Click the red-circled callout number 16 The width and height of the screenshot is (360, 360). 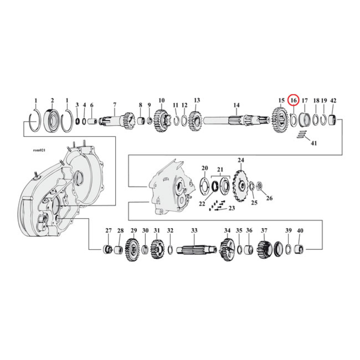[293, 100]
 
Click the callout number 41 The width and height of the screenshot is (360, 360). [314, 143]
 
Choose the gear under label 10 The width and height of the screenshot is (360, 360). [161, 121]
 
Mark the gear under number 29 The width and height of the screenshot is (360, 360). [133, 248]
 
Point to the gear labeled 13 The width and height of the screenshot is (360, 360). [196, 121]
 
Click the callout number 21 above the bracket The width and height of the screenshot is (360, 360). [220, 169]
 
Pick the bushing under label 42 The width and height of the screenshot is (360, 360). [333, 121]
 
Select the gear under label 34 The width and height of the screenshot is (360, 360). [227, 248]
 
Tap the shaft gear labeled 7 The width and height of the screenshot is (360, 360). [116, 121]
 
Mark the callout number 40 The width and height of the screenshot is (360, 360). [300, 231]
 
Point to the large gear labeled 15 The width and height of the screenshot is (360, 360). [279, 121]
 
